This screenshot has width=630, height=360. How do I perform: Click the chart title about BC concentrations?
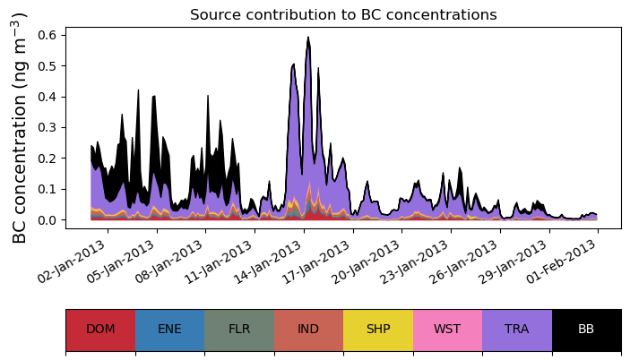coord(343,14)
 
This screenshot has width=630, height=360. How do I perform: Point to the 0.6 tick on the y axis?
coord(47,34)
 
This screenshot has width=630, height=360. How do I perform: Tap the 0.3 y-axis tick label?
coord(47,127)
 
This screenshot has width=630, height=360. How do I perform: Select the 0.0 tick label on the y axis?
coord(47,220)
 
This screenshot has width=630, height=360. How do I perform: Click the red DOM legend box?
coord(100,330)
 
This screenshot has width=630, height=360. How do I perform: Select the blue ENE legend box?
coord(169,330)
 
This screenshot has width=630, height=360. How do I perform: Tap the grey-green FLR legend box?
coord(239,330)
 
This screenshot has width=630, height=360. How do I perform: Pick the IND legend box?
coord(308,330)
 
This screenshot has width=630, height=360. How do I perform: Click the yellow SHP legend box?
coord(378,330)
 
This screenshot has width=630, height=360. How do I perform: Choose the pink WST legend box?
coord(447,330)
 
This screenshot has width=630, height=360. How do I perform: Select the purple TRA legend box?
coord(517,330)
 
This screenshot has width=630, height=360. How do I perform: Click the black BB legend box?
coord(586,330)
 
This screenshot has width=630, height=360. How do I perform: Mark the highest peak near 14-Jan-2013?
coord(308,39)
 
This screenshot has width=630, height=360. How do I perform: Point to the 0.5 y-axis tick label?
coord(47,65)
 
